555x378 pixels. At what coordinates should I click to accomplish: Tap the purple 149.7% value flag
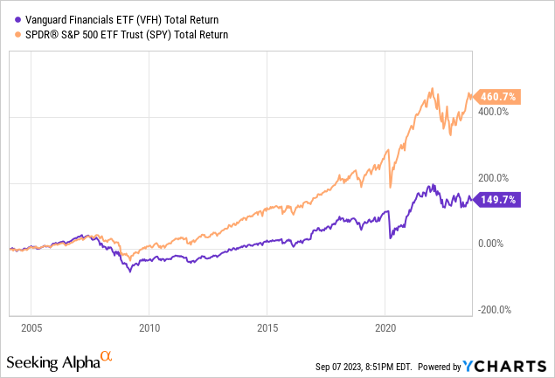coord(501,200)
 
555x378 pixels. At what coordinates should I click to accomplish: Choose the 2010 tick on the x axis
coord(149,331)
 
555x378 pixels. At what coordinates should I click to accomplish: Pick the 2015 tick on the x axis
coord(267,331)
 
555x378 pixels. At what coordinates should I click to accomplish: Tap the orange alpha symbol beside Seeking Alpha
coord(107,356)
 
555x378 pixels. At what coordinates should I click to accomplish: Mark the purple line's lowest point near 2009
coord(131,271)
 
